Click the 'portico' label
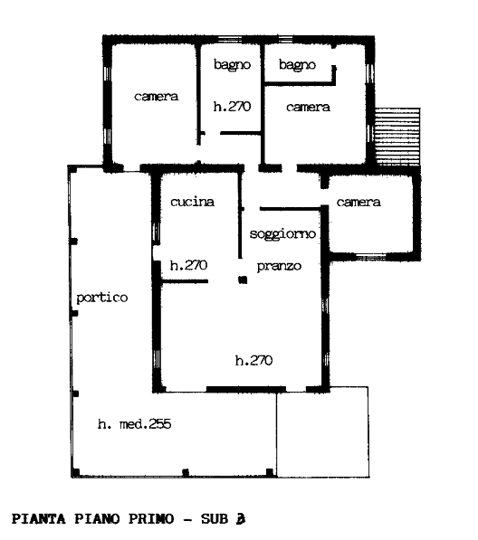click(x=102, y=298)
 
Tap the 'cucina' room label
click(x=192, y=202)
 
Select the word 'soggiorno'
click(x=282, y=234)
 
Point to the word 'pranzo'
click(x=279, y=266)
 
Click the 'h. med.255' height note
click(x=134, y=424)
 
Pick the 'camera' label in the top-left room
click(x=156, y=97)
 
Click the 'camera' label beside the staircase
click(x=308, y=107)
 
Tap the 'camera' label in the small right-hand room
click(x=358, y=202)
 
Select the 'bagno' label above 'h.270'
click(x=232, y=65)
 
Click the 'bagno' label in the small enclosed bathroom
click(x=297, y=65)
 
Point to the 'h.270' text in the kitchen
click(x=188, y=265)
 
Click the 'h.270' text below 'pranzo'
click(x=254, y=360)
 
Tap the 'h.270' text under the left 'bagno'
click(x=232, y=107)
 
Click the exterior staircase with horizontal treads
click(x=397, y=137)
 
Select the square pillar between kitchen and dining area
click(x=243, y=280)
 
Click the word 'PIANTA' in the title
click(x=39, y=518)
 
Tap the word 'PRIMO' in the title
click(x=151, y=518)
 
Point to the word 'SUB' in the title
click(x=215, y=518)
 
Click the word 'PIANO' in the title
click(x=97, y=518)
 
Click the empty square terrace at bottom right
click(x=322, y=431)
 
